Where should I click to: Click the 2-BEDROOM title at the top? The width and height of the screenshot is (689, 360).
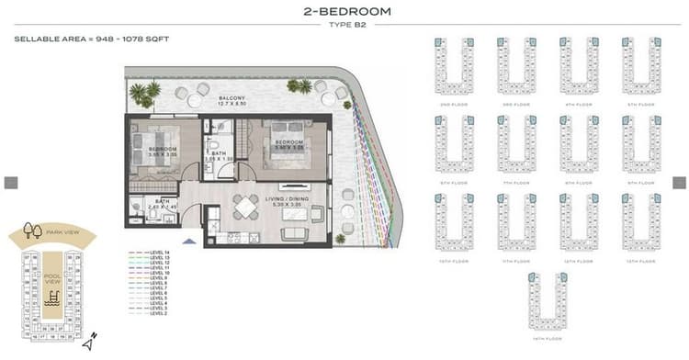coord(346,12)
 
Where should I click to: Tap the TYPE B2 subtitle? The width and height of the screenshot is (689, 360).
coord(346,27)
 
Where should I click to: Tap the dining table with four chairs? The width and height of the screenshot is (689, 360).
coord(245,208)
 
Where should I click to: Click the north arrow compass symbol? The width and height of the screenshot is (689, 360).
coord(89,343)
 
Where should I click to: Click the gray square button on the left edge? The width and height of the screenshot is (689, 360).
coord(11,183)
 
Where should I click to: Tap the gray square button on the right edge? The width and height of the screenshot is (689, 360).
coord(679,183)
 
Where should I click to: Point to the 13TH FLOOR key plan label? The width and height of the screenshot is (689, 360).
coord(640,262)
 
